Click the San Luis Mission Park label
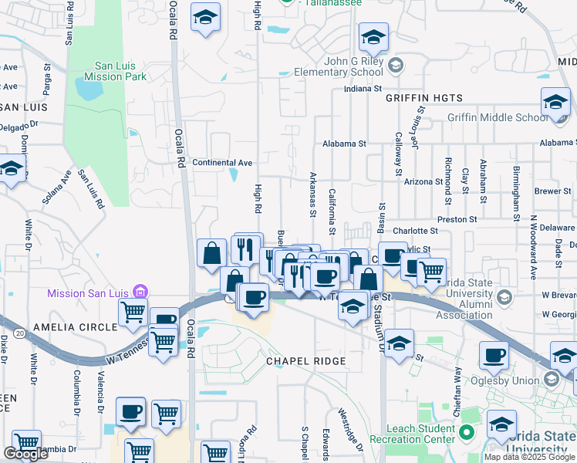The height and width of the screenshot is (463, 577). pos(120,71)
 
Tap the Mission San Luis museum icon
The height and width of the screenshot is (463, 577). pos(140,292)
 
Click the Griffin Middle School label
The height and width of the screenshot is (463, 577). pos(498,118)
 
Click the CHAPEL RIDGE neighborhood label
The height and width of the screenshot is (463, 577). pos(307,360)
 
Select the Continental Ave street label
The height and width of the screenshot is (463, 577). pos(222,163)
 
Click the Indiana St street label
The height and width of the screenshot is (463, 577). pos(363,89)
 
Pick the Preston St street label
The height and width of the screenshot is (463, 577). pos(457,220)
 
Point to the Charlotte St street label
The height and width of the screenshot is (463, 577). pos(415,231)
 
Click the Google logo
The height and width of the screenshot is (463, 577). pos(25,453)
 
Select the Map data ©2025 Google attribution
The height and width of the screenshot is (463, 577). pos(529,457)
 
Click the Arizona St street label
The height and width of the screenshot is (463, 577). pos(423,182)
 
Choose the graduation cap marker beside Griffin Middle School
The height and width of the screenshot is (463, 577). pos(555,103)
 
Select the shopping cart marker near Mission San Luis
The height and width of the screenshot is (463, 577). pos(133,313)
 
